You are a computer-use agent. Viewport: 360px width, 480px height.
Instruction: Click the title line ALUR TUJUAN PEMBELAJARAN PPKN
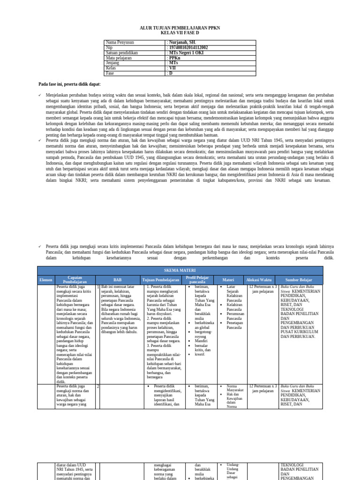180,28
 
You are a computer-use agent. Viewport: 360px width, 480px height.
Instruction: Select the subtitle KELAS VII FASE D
180,33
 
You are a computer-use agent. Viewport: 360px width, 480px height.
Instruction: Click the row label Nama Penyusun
120,43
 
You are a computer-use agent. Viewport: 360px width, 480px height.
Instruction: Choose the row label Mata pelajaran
120,58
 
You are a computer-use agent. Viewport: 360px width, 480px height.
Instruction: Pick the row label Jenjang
114,63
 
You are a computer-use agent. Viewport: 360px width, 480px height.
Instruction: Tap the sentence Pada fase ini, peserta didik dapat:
69,84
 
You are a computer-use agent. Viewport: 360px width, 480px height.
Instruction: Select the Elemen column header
46,280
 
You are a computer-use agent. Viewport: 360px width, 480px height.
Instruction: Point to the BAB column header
117,280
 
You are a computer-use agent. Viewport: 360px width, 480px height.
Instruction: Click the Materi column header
228,280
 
